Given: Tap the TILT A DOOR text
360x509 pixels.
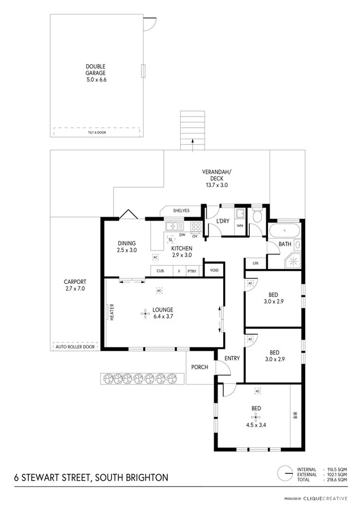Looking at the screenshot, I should (x=97, y=132).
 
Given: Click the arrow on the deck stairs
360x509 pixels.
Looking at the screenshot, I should (x=192, y=145).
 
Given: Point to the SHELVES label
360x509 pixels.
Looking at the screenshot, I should (x=181, y=211).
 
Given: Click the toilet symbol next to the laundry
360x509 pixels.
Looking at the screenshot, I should (x=257, y=216).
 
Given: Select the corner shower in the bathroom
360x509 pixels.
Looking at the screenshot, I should (x=293, y=261).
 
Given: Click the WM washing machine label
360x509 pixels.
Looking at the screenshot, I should (x=240, y=226).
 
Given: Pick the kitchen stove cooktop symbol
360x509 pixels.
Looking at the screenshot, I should (x=196, y=227).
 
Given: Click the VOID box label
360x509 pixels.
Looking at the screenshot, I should (x=214, y=270).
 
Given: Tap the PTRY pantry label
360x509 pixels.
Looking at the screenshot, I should (x=192, y=271).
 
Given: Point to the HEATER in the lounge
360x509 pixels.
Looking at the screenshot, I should (x=112, y=312).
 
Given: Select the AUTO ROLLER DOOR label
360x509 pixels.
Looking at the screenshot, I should (x=74, y=346).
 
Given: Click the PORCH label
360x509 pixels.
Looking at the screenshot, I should (x=199, y=367).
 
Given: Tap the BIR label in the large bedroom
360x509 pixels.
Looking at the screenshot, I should (x=295, y=416).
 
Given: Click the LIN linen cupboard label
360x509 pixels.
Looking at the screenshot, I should (x=255, y=263).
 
